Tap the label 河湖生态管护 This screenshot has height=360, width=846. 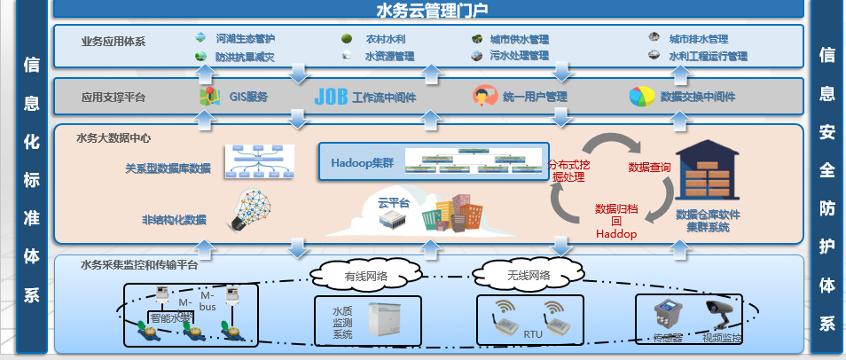(246, 39)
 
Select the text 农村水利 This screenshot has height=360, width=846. (387, 39)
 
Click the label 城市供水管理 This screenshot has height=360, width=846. (520, 39)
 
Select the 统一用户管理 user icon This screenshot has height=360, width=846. (483, 96)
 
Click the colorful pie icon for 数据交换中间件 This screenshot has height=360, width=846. (641, 96)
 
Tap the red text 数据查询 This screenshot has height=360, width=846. (649, 167)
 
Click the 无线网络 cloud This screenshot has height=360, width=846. (517, 275)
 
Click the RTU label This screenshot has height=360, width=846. (533, 336)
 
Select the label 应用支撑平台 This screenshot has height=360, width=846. (113, 97)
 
